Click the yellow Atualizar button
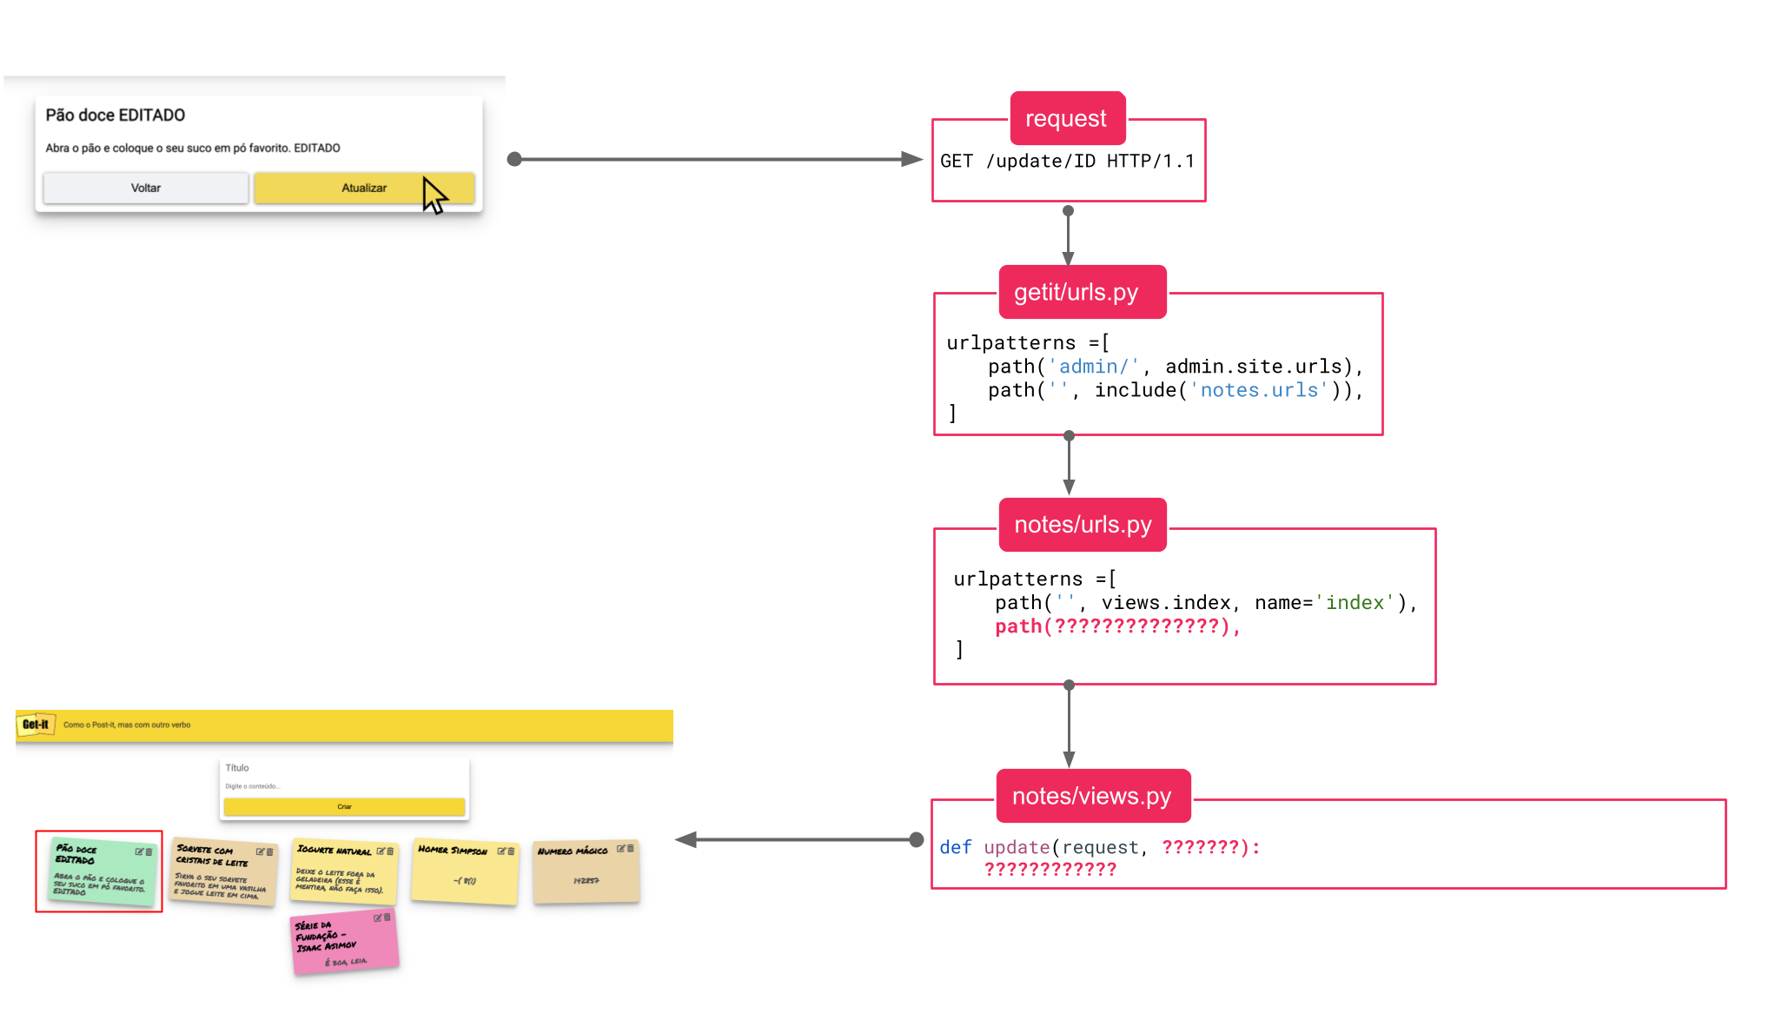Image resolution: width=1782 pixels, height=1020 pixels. click(x=363, y=188)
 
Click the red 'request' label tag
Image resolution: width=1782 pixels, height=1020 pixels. click(x=1066, y=118)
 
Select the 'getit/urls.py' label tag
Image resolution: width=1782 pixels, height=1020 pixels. click(x=1076, y=292)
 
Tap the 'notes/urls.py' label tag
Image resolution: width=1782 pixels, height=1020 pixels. click(x=1083, y=525)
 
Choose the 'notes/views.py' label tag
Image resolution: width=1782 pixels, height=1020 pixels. click(x=1091, y=796)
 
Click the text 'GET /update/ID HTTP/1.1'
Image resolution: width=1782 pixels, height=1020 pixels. click(x=1067, y=162)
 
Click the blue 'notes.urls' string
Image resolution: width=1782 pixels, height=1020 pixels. click(x=1259, y=391)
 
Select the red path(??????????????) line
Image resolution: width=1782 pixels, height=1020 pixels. click(x=1117, y=626)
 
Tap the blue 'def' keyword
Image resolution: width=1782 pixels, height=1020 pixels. click(x=955, y=847)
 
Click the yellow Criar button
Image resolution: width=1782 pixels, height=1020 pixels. click(x=344, y=807)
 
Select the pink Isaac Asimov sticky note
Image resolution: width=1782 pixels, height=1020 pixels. click(x=344, y=942)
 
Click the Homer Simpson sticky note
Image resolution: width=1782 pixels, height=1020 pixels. click(x=465, y=872)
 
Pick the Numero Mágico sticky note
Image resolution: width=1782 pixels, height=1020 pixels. click(x=586, y=871)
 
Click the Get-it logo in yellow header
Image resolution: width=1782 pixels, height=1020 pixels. click(x=36, y=725)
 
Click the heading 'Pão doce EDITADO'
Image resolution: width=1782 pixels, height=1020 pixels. click(x=115, y=116)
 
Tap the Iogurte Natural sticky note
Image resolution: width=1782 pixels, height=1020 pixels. click(x=344, y=871)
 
